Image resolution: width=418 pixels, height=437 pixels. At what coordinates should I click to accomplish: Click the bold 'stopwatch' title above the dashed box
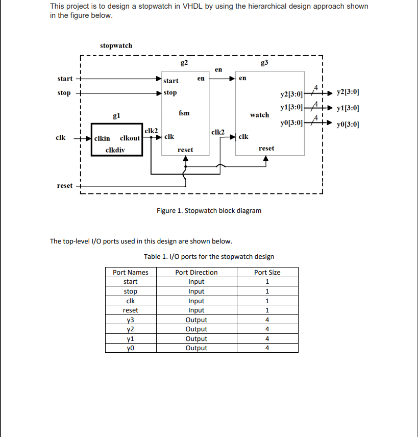[x=116, y=45]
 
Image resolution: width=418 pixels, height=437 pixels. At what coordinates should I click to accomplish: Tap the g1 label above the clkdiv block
[x=116, y=116]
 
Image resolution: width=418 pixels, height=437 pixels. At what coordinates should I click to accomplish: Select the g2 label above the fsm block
[x=184, y=63]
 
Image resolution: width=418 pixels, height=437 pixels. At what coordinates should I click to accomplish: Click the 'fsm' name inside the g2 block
[x=184, y=113]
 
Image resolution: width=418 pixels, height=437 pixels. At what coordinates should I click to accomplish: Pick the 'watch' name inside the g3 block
[x=259, y=115]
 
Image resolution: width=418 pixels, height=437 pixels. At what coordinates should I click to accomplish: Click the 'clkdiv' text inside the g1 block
[x=115, y=150]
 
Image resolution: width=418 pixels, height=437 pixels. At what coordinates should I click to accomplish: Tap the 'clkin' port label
[x=102, y=138]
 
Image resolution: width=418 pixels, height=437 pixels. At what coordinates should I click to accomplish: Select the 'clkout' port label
[x=130, y=138]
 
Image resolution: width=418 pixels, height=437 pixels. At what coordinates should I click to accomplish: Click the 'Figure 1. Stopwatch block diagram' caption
[x=209, y=210]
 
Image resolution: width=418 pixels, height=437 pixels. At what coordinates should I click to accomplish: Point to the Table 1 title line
[x=209, y=256]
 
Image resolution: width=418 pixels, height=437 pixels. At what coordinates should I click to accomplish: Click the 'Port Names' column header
[x=131, y=272]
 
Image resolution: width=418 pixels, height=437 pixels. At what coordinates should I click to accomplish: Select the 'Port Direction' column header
[x=196, y=272]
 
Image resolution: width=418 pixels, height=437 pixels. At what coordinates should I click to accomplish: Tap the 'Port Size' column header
[x=267, y=272]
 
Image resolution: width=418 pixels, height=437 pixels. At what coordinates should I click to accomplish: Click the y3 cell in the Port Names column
[x=131, y=320]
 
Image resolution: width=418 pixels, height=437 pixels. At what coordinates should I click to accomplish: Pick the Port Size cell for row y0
[x=267, y=348]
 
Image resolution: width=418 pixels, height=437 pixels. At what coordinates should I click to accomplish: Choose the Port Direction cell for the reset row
[x=196, y=310]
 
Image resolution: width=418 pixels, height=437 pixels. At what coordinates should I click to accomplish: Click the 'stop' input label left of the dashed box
[x=64, y=93]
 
